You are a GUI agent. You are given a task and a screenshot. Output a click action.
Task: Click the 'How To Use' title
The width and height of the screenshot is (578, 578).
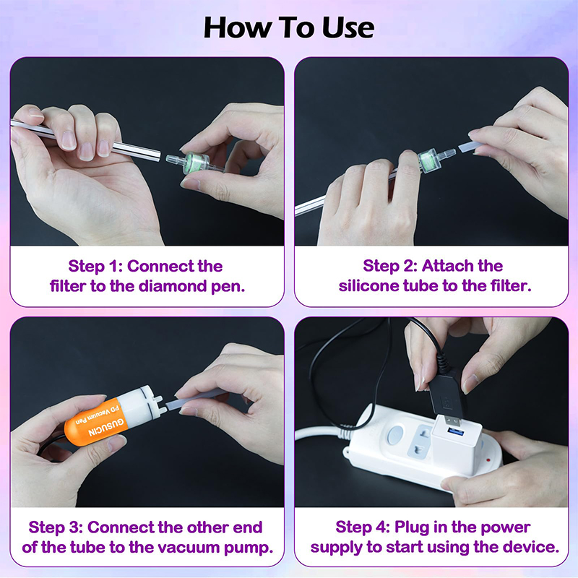(288, 27)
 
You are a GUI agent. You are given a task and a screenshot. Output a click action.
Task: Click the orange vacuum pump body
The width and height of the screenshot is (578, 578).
(97, 421)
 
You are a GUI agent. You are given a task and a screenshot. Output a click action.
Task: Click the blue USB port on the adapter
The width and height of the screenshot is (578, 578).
(456, 431)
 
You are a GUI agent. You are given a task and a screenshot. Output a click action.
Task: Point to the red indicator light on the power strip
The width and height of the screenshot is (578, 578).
(488, 460)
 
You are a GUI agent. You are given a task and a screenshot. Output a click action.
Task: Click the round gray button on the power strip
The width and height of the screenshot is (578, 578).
(395, 435)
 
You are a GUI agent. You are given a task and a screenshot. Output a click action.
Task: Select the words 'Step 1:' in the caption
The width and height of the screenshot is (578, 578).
(95, 266)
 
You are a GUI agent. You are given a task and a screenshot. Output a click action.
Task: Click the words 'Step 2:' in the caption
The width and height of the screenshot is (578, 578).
(390, 266)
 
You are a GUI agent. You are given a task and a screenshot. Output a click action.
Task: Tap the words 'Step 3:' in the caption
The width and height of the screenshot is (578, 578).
(56, 527)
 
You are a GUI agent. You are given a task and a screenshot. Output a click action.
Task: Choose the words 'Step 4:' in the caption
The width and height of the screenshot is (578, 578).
(363, 527)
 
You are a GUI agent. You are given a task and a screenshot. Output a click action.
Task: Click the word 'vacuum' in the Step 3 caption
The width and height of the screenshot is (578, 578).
(186, 548)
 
